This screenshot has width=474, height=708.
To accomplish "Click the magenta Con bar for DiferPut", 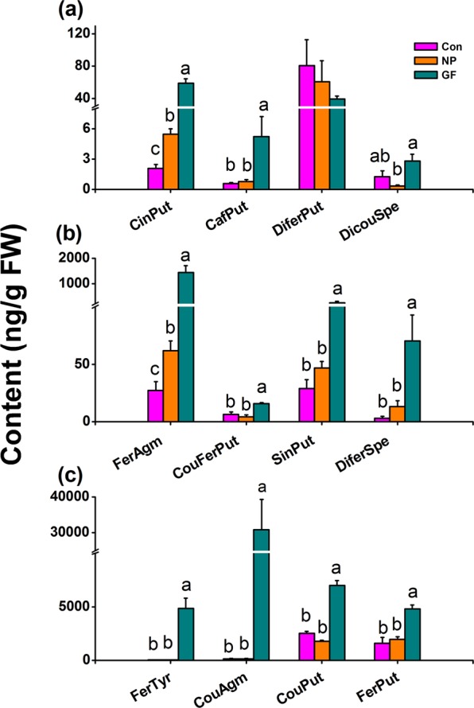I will click(x=306, y=127).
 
